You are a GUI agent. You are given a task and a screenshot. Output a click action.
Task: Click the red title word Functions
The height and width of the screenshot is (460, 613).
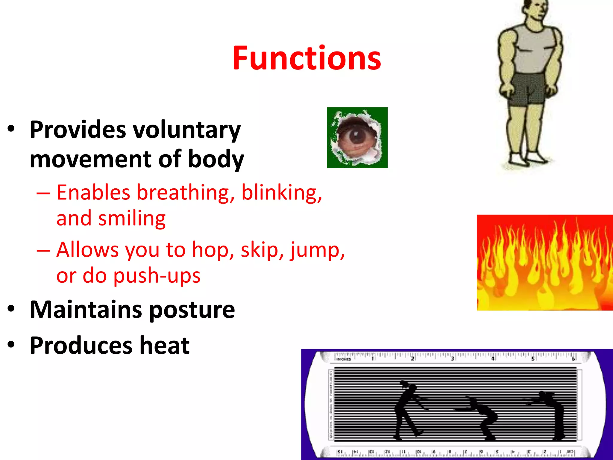pos(306,58)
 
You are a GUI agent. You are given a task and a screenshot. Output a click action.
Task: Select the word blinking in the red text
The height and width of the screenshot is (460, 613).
pos(281,192)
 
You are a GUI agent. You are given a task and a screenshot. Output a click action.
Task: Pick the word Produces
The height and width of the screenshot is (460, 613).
pos(81,346)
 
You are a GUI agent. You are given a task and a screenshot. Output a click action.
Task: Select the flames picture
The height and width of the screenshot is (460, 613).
pos(545,263)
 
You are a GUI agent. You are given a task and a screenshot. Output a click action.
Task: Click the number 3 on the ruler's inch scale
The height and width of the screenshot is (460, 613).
pos(452,358)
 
